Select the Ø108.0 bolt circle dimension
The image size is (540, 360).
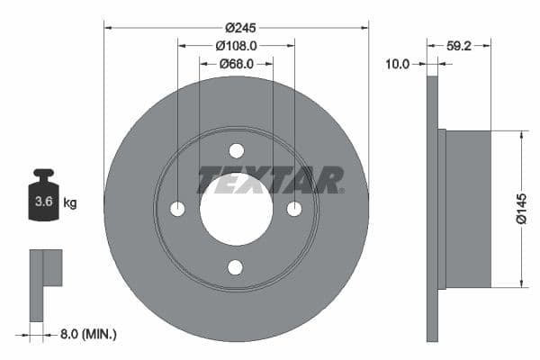click(x=236, y=44)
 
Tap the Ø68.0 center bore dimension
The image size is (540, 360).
click(x=236, y=64)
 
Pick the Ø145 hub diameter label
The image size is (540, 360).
click(x=521, y=209)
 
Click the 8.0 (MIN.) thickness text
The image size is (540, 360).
click(x=86, y=334)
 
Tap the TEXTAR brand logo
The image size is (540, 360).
click(x=269, y=180)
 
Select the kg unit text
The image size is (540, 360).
click(x=70, y=203)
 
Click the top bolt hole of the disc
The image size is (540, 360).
click(x=236, y=150)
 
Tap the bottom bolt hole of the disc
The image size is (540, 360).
click(x=236, y=266)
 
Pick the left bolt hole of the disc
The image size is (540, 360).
click(x=177, y=209)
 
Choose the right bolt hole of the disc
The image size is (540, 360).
click(x=294, y=209)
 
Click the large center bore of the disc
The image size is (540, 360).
click(x=236, y=209)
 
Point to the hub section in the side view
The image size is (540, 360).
click(x=468, y=209)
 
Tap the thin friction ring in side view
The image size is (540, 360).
click(x=432, y=209)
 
